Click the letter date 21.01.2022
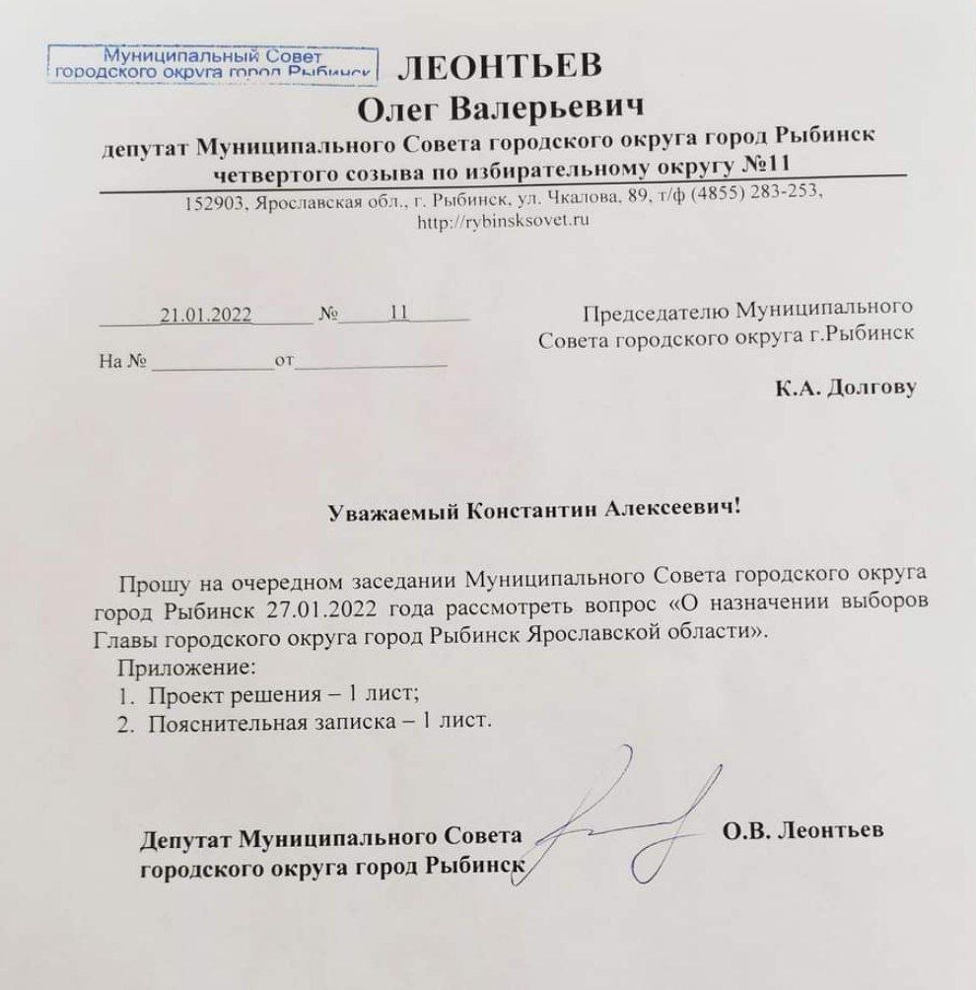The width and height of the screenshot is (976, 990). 206,315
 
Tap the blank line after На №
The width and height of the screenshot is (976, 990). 212,363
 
